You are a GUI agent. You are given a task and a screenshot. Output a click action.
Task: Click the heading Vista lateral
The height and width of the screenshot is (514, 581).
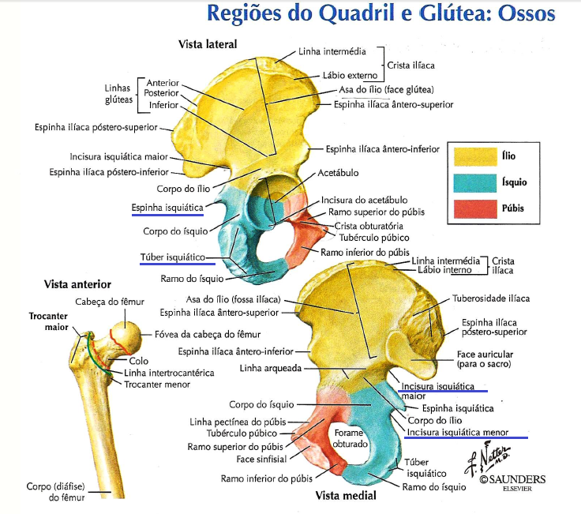(208, 43)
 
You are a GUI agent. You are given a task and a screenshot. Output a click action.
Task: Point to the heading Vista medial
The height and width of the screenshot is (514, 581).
(346, 496)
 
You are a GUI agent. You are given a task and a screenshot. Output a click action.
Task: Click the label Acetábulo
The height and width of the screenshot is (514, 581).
(340, 172)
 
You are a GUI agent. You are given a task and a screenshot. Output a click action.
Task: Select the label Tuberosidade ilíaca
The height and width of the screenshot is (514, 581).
(490, 298)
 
